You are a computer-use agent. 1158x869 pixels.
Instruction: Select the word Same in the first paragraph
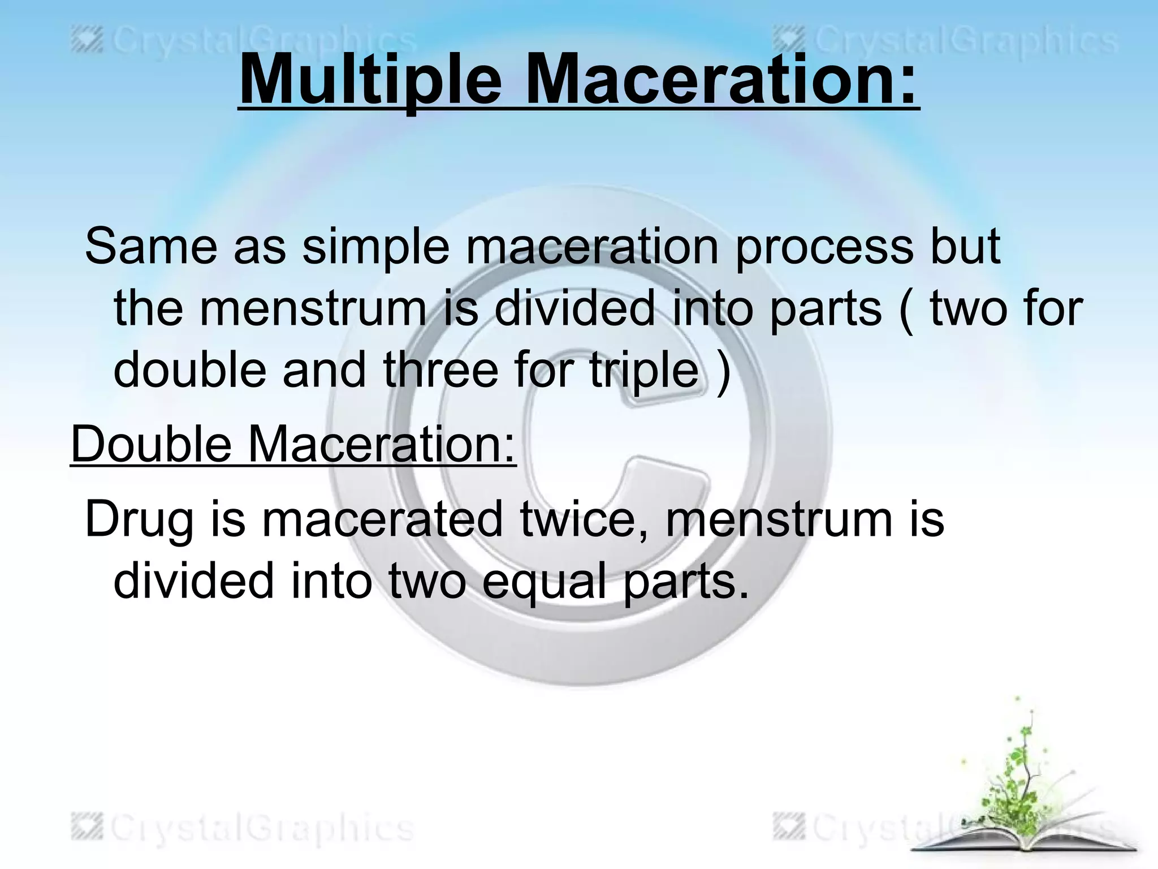[151, 246]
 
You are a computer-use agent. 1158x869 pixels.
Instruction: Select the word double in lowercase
[190, 371]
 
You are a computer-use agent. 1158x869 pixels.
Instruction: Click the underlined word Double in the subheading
[151, 444]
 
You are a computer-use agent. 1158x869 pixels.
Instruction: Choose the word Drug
[139, 519]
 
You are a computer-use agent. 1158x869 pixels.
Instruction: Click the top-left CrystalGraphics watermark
[243, 42]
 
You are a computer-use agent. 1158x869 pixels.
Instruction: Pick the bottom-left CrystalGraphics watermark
[243, 828]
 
